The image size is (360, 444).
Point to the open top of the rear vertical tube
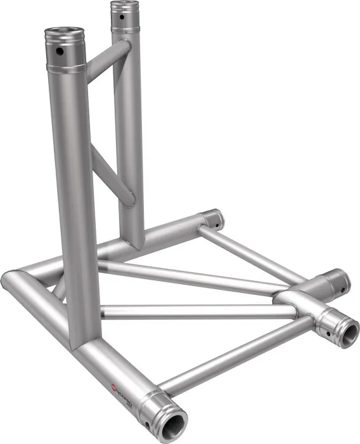(122, 6)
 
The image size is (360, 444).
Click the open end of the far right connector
(348, 330)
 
